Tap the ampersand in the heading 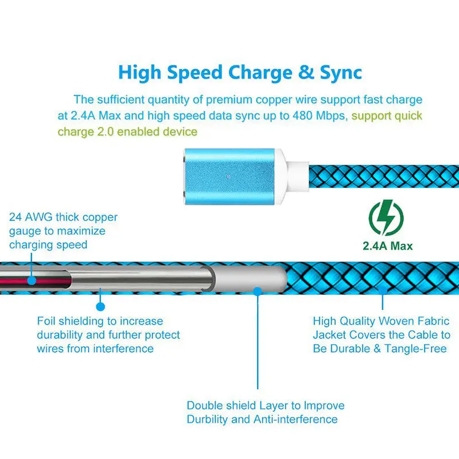coord(289,73)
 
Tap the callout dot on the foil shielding coord(100,291)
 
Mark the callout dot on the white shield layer coord(258,291)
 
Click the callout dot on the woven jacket coord(383,291)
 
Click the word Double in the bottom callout coord(204,406)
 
